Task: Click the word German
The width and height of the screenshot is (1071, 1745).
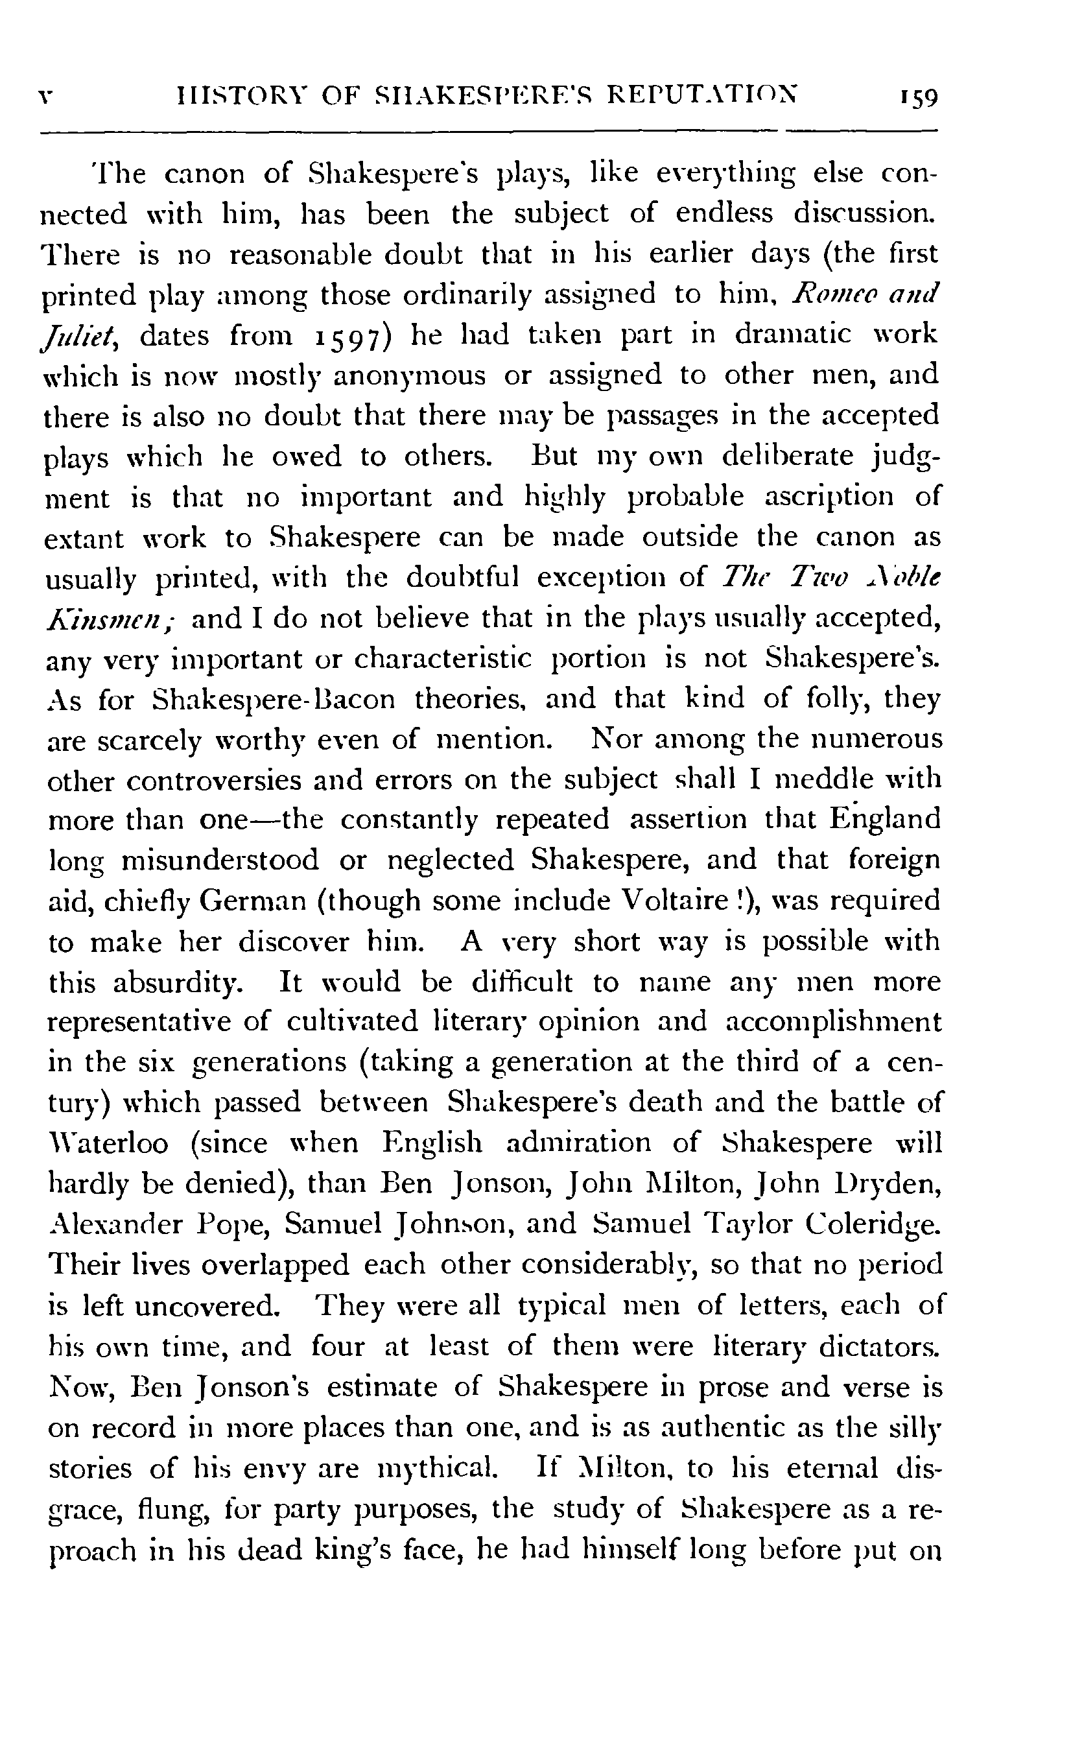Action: [252, 901]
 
